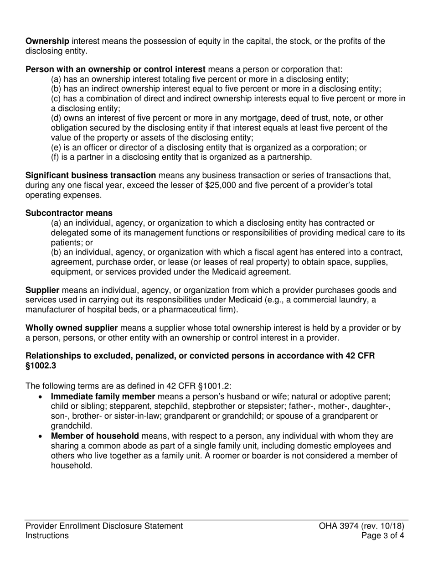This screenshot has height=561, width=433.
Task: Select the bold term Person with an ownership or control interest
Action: pyautogui.click(x=115, y=69)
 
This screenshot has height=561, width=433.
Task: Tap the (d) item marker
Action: pyautogui.click(x=56, y=118)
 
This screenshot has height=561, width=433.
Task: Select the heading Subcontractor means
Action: pyautogui.click(x=69, y=213)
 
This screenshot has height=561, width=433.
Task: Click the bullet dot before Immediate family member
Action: pyautogui.click(x=42, y=397)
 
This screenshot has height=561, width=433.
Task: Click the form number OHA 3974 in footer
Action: pyautogui.click(x=340, y=525)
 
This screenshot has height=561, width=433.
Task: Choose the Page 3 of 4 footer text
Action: pyautogui.click(x=382, y=535)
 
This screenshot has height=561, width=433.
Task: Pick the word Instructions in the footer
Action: pyautogui.click(x=47, y=535)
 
